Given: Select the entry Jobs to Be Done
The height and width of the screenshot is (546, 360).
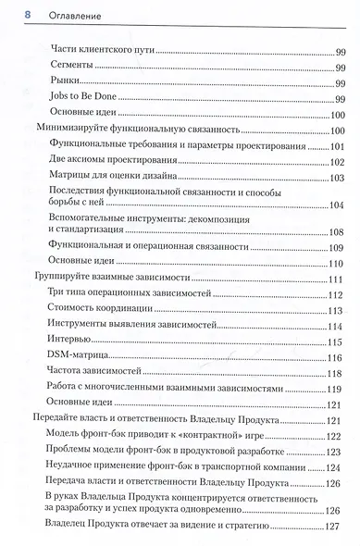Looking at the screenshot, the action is point(82,99).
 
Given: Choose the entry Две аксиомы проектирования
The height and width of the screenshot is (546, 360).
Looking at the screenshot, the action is point(106,162).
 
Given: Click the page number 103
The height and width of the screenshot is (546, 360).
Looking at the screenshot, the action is point(336,179).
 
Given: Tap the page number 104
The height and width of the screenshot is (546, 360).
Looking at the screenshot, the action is point(336,205).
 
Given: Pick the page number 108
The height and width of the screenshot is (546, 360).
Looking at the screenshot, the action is point(336,231).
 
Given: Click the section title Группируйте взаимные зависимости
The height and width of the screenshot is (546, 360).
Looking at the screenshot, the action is point(112,278).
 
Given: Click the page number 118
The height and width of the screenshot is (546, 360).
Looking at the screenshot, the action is point(336,373).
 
